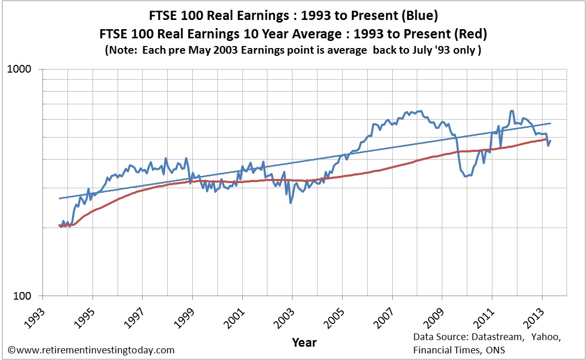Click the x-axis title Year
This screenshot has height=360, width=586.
pos(304,343)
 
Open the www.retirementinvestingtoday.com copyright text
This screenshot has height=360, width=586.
pos(91,350)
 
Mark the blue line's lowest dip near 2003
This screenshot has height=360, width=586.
pos(290,203)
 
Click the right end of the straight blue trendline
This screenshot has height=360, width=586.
pos(551,123)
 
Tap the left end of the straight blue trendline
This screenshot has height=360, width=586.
pos(59,198)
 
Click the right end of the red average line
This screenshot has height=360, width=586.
pos(546,139)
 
